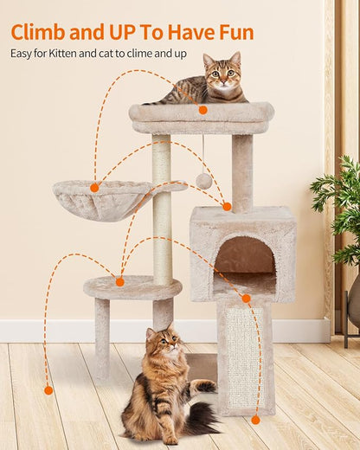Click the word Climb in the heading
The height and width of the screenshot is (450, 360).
click(x=39, y=33)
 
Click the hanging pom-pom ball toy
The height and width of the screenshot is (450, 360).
click(x=203, y=181)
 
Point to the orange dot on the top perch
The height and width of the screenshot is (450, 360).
click(x=202, y=110)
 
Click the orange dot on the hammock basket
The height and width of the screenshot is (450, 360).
click(x=94, y=187)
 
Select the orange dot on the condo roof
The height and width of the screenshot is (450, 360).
click(x=227, y=206)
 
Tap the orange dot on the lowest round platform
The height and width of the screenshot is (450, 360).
click(x=119, y=281)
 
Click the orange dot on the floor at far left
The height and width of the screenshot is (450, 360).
click(x=48, y=390)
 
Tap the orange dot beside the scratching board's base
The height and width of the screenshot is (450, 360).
click(x=255, y=420)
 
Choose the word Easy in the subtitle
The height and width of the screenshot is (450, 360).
click(x=23, y=54)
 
